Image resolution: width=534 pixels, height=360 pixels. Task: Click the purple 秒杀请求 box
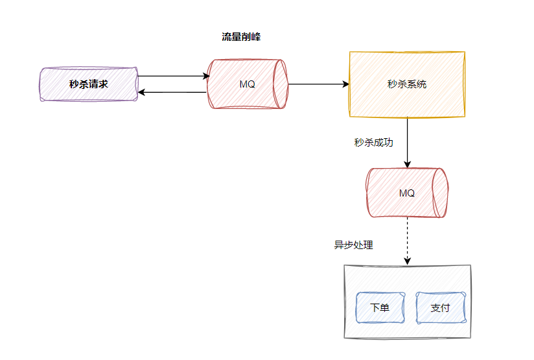(88, 84)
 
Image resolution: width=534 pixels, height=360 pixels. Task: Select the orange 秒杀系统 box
(407, 84)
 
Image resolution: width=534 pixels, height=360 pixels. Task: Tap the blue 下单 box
(380, 307)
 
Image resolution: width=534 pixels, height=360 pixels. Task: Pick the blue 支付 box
(440, 307)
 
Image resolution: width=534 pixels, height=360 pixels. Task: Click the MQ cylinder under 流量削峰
(246, 84)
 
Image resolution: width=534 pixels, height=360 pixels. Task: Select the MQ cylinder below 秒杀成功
(406, 193)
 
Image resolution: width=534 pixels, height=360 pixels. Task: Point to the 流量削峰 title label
(241, 37)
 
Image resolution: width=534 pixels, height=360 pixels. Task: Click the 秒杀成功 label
(373, 143)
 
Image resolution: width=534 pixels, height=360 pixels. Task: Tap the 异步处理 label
(353, 245)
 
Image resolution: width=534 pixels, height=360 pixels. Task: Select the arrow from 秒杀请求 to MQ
(172, 76)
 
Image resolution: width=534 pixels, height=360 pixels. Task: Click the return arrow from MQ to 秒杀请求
(172, 93)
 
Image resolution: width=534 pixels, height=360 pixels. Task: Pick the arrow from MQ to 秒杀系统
(318, 84)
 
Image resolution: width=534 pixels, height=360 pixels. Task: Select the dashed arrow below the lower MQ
(407, 240)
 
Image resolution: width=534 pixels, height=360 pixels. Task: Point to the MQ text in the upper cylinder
(247, 84)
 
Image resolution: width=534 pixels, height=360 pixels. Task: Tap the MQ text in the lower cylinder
(406, 193)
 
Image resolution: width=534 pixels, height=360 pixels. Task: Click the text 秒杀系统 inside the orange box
(407, 84)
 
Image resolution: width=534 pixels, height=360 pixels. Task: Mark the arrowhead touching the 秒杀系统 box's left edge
(346, 84)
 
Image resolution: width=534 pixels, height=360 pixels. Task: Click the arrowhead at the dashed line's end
(407, 261)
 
